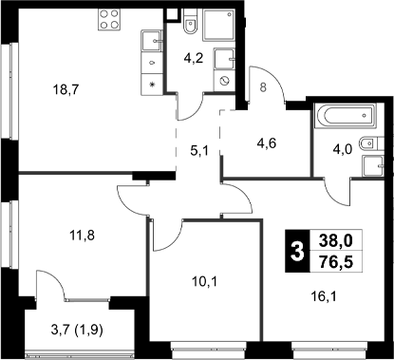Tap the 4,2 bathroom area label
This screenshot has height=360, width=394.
[x=194, y=57]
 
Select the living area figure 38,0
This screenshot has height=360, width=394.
[x=339, y=242]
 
